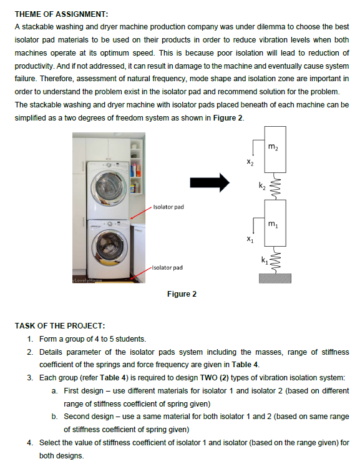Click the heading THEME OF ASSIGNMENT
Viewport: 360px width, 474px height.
[x=61, y=14]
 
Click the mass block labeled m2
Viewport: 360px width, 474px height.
[x=275, y=149]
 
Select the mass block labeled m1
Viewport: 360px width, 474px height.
[x=275, y=223]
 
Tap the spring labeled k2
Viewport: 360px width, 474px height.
[x=275, y=186]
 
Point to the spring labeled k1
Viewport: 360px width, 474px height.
[x=275, y=260]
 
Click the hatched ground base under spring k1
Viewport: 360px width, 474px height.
[x=275, y=278]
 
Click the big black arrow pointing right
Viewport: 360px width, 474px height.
[x=210, y=182]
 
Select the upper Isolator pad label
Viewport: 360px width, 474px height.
[x=168, y=207]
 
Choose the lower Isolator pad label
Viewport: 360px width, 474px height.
[x=167, y=268]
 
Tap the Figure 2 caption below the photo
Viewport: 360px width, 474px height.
[x=182, y=294]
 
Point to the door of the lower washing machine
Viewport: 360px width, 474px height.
[x=110, y=246]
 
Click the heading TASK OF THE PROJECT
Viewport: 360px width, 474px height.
[x=60, y=326]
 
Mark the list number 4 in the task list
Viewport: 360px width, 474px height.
[x=29, y=443]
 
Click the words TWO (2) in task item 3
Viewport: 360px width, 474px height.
[x=215, y=378]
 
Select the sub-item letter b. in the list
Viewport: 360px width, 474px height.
[x=54, y=417]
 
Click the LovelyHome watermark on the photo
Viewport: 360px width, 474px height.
[x=87, y=280]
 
